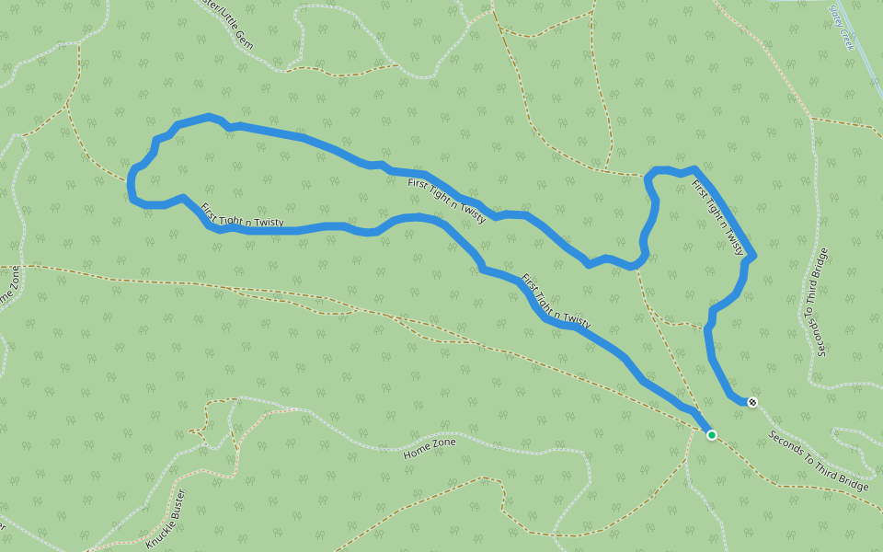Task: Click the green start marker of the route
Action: tap(711, 434)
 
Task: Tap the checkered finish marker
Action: tap(752, 402)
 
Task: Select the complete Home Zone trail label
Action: tap(430, 448)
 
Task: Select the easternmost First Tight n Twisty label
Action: tap(717, 217)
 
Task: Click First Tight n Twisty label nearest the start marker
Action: tap(556, 301)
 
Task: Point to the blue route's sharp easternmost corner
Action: tap(754, 255)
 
